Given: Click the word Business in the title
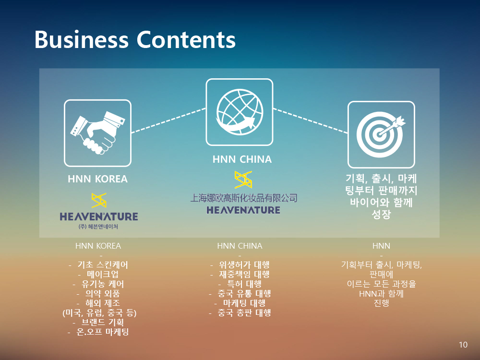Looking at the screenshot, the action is [82, 39].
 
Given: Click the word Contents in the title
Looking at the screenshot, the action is [186, 39].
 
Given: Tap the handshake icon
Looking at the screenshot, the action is [97, 133].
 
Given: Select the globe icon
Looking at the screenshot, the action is [240, 112].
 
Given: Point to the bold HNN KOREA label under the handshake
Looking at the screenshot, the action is [97, 179].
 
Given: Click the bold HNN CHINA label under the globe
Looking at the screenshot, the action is [242, 159].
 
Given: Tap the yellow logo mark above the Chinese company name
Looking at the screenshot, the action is [243, 180].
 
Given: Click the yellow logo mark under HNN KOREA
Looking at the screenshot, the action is [99, 201].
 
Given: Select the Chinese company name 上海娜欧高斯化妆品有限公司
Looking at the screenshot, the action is [244, 198].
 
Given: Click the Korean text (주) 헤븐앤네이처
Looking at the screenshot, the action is [98, 227].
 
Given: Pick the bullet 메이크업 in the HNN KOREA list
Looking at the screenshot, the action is [103, 274].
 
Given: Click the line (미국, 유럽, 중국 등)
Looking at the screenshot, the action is [99, 312].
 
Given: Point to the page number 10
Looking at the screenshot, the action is [463, 345].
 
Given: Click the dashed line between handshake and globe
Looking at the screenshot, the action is [168, 120].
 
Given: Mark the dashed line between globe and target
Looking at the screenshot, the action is [310, 120].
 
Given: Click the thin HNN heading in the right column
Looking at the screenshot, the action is [381, 246].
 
